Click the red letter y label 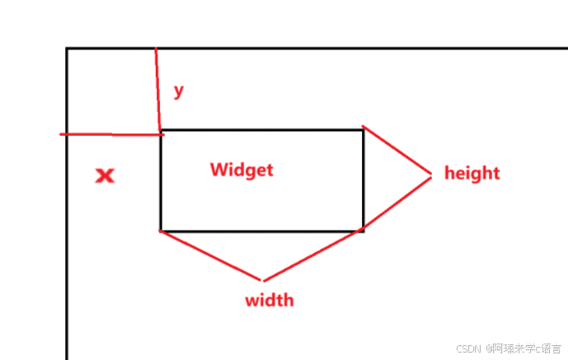click(178, 91)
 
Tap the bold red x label click(105, 175)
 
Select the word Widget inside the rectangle click(241, 170)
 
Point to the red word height click(472, 173)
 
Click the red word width click(269, 300)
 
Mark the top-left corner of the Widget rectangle click(161, 130)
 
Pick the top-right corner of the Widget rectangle click(364, 130)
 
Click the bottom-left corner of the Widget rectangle click(161, 231)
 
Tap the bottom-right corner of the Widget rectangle click(364, 231)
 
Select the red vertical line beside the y click(157, 91)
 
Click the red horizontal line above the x click(111, 133)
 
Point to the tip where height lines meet click(431, 174)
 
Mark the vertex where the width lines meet click(263, 280)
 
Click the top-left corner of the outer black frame click(67, 49)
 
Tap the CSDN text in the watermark click(468, 348)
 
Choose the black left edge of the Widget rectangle click(161, 181)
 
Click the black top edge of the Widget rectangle click(262, 130)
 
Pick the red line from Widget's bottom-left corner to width click(212, 255)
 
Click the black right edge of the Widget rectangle click(364, 181)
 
